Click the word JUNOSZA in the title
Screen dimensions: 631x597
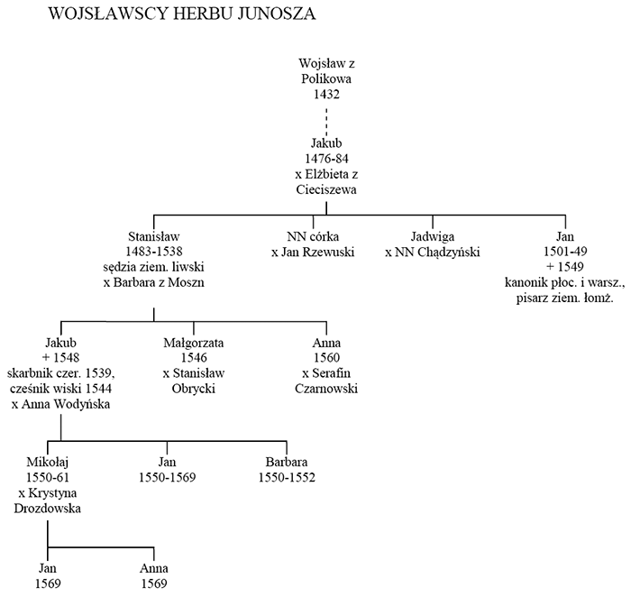point(277,14)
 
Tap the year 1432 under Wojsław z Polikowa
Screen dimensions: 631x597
point(326,94)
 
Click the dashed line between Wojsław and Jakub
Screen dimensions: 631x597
point(326,122)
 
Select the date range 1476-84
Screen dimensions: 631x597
point(326,159)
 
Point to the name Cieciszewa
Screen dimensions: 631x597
point(326,189)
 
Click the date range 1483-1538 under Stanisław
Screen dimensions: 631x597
point(154,252)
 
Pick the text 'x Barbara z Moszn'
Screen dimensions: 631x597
point(154,282)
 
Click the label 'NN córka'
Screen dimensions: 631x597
point(313,236)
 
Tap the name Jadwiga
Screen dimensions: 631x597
point(433,236)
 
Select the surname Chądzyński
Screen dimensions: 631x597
point(449,253)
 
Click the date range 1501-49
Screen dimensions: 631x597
point(565,252)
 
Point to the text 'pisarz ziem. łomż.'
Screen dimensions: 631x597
point(565,298)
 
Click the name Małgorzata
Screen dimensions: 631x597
point(194,343)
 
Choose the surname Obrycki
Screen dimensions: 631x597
point(194,389)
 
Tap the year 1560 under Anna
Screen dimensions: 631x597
point(326,357)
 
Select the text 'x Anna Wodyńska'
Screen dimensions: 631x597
point(60,404)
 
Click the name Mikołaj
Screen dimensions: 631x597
point(48,462)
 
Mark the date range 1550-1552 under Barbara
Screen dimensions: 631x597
point(287,477)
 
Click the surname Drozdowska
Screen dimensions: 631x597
point(48,509)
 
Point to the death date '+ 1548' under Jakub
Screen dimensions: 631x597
point(60,357)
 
